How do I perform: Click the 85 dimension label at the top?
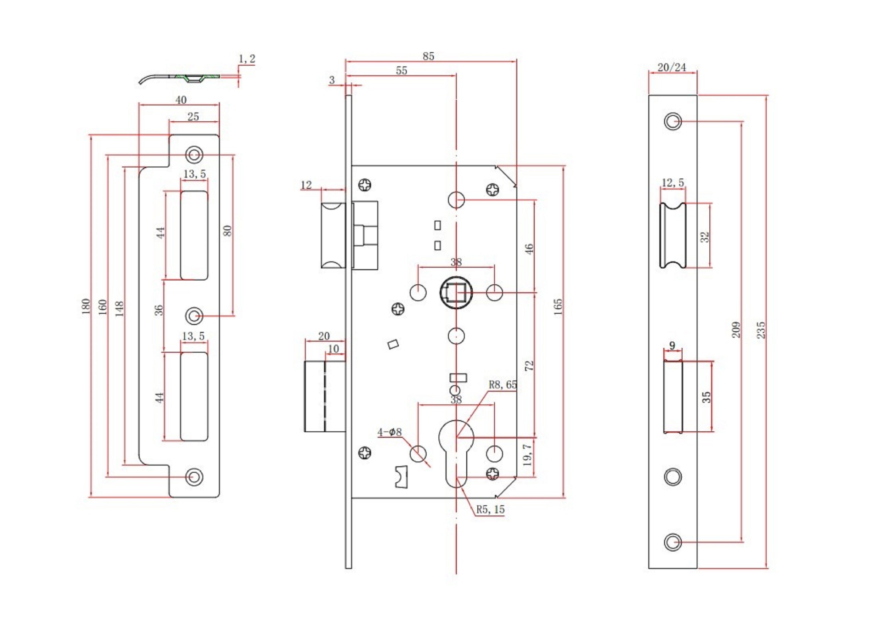(x=428, y=56)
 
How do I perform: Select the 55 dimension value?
(x=401, y=70)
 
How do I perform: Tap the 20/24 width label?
(x=672, y=67)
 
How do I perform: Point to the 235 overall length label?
(x=761, y=330)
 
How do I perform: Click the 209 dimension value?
(x=736, y=330)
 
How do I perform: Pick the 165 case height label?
(x=558, y=307)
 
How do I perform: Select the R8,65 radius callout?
(x=503, y=385)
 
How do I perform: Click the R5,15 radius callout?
(x=490, y=509)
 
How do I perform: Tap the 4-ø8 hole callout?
(x=390, y=432)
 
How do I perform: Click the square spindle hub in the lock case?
(x=456, y=293)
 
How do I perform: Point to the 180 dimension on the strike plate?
(x=85, y=306)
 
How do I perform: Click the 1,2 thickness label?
(x=247, y=59)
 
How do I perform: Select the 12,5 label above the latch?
(x=673, y=182)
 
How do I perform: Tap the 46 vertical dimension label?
(x=529, y=249)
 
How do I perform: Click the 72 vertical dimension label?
(x=529, y=366)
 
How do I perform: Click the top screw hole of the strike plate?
(x=194, y=155)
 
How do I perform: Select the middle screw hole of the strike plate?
(x=194, y=316)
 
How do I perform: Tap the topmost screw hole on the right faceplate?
(x=673, y=121)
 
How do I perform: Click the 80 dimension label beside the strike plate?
(x=227, y=231)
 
